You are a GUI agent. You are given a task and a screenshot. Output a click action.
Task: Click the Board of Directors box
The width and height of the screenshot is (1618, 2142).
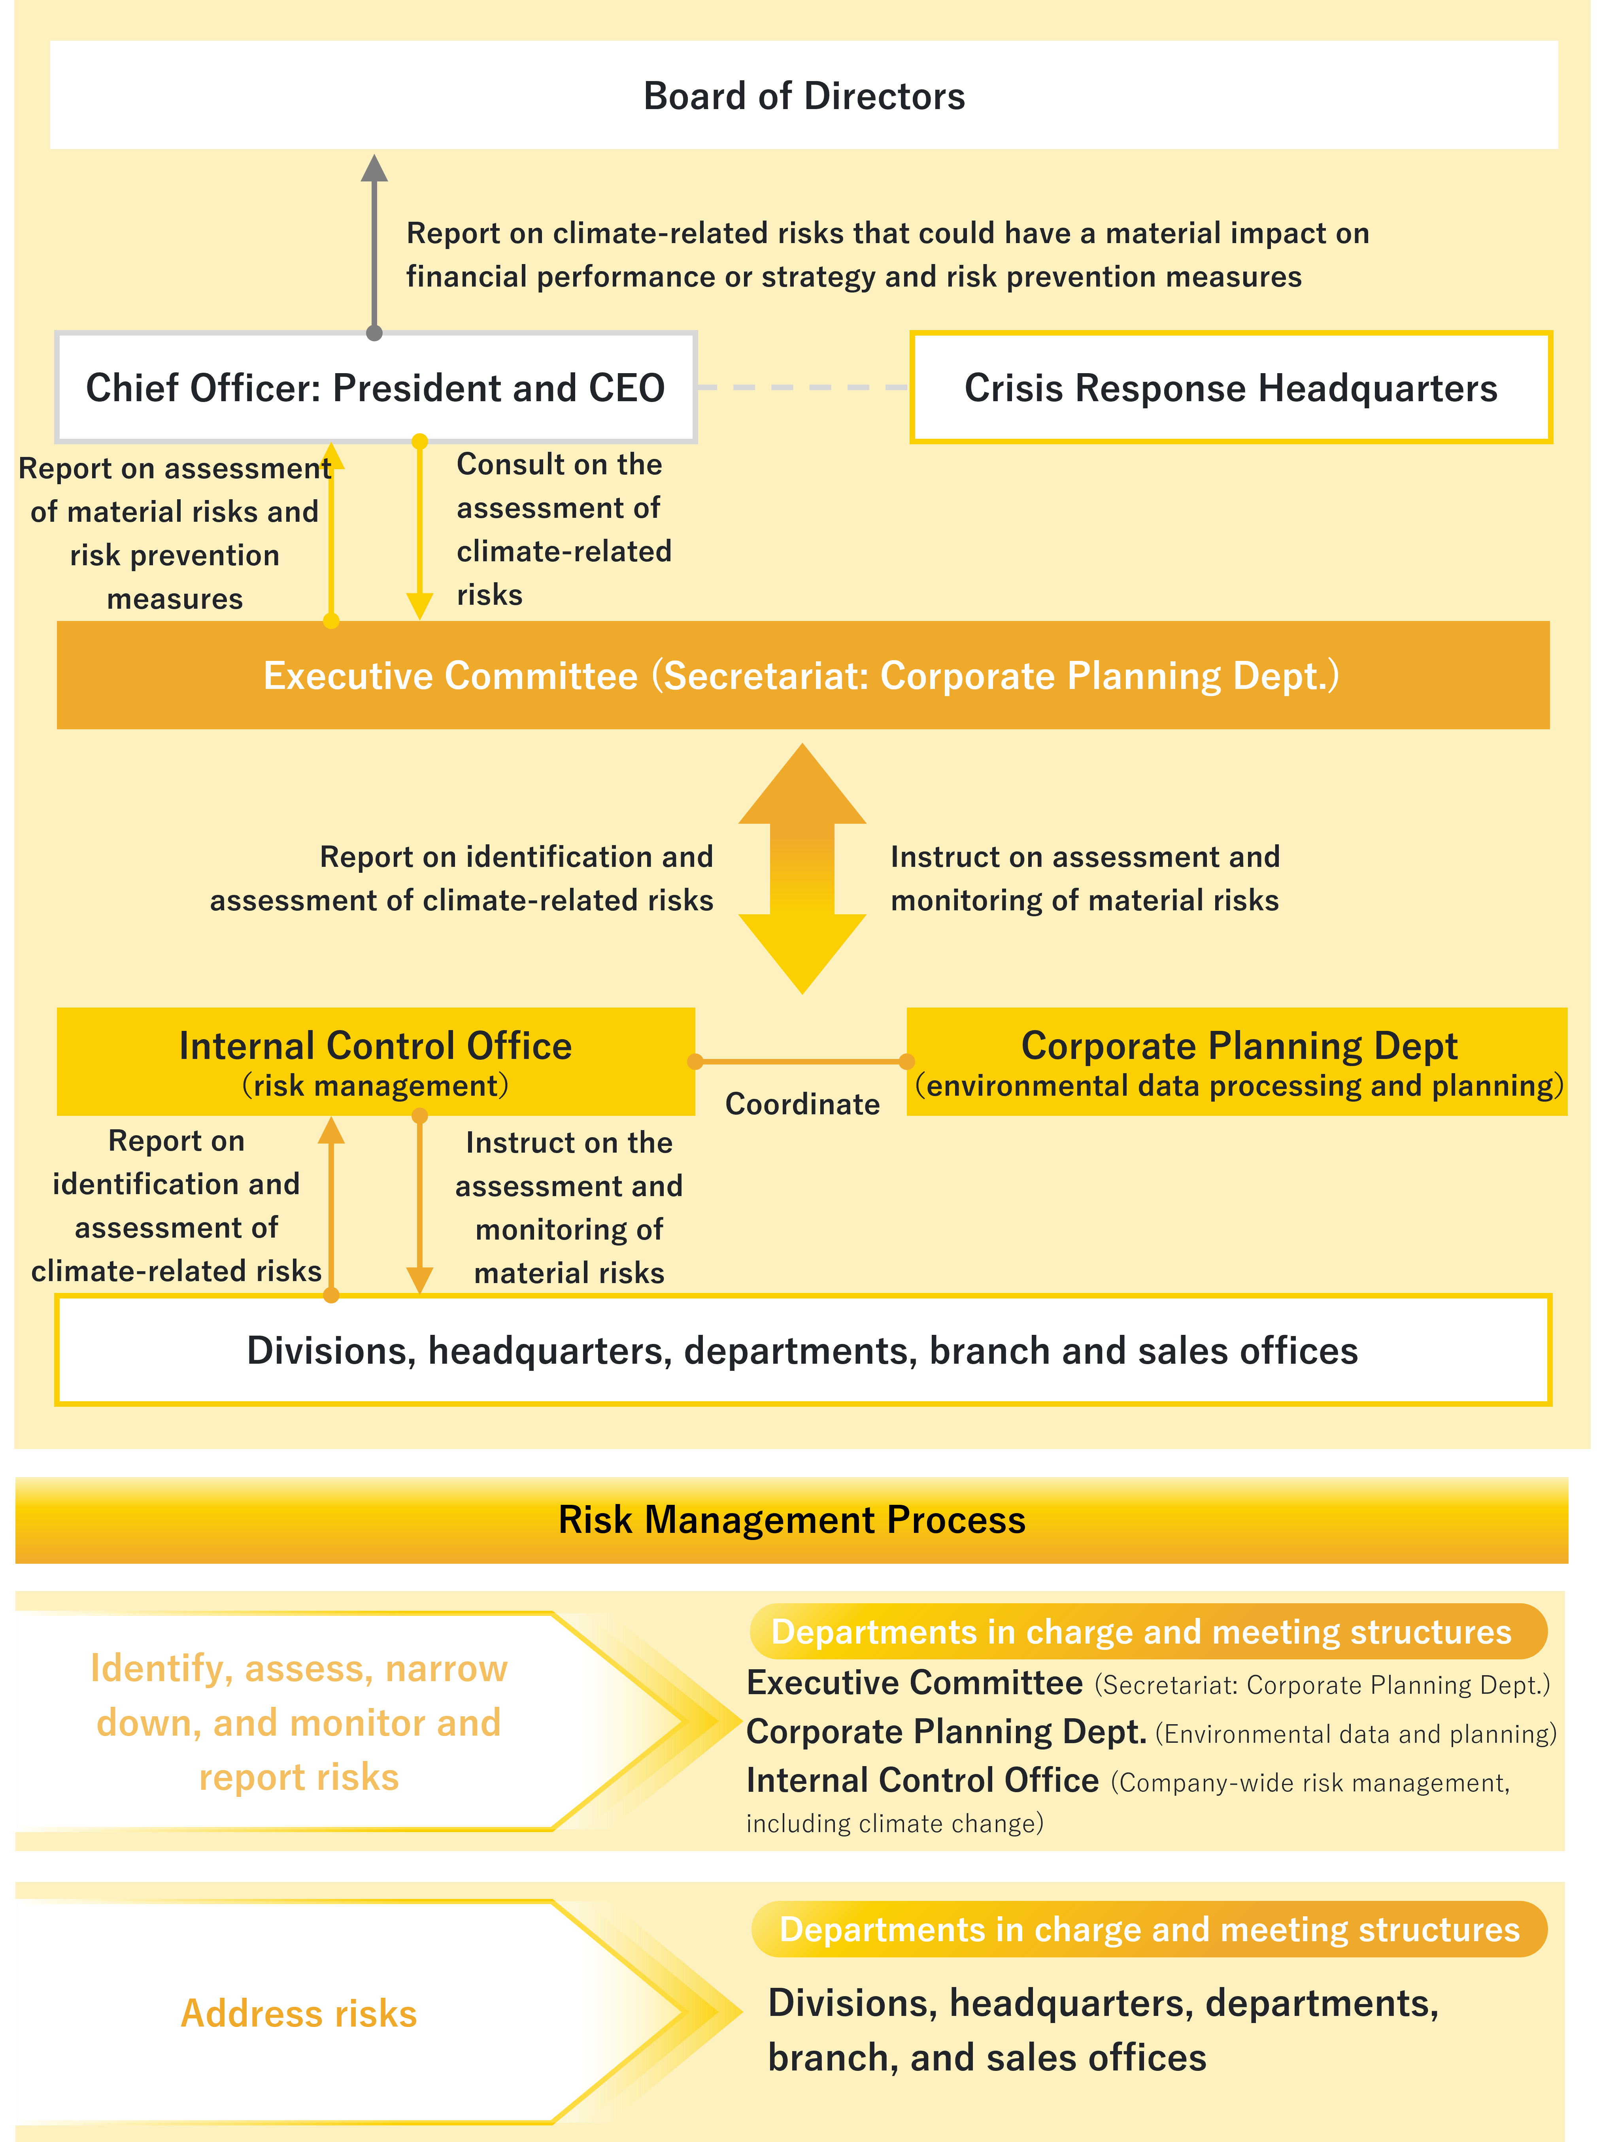[x=804, y=95]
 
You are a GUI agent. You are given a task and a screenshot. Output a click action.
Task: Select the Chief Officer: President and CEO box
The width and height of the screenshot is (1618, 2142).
[x=376, y=387]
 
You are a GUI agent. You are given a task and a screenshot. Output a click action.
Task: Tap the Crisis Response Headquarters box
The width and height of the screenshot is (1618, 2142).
[x=1231, y=387]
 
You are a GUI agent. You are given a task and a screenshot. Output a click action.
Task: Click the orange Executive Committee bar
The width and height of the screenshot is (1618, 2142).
[x=803, y=675]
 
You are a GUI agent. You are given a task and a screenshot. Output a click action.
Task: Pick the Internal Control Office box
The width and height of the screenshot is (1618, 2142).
[x=376, y=1061]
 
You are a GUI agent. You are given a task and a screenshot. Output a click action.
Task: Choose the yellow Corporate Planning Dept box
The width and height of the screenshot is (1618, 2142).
[x=1237, y=1061]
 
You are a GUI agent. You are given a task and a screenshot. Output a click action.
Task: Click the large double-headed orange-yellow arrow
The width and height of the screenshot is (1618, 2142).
[x=803, y=868]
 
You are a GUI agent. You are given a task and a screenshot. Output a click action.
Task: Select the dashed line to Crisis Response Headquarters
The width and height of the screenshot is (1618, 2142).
[x=803, y=387]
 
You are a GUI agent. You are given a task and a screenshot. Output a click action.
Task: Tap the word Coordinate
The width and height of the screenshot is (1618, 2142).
[x=803, y=1104]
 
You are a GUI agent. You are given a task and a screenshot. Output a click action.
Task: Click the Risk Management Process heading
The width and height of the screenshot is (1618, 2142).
[x=792, y=1519]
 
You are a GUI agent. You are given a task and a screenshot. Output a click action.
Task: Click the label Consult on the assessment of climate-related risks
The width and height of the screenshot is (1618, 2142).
[x=564, y=529]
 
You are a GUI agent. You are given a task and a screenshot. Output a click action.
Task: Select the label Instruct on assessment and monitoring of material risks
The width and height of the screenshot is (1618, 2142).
[x=1084, y=878]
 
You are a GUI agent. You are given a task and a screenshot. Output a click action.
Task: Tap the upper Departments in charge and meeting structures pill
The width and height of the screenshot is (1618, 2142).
[x=1148, y=1632]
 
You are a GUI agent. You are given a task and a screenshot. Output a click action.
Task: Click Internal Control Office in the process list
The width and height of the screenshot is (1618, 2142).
[x=923, y=1780]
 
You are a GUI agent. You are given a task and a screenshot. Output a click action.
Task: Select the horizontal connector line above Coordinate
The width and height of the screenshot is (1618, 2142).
[x=801, y=1061]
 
